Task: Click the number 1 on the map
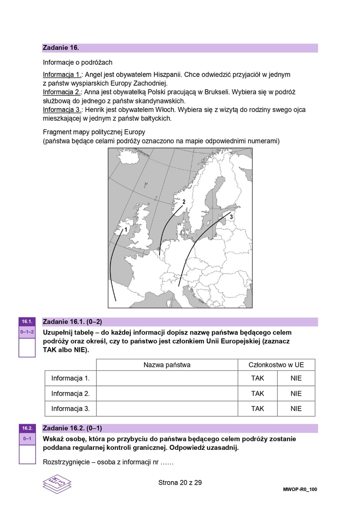(126, 230)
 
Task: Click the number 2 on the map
(183, 201)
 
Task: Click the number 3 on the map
(231, 217)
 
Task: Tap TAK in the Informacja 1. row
(258, 378)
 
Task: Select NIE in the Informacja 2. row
(296, 393)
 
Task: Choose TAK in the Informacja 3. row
(258, 409)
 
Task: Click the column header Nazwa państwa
(167, 365)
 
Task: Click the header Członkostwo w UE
(276, 365)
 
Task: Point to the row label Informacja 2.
(70, 393)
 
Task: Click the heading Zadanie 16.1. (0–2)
(72, 322)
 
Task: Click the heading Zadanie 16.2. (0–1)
(72, 428)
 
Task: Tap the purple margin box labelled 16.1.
(27, 322)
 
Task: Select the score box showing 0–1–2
(27, 332)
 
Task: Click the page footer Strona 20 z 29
(180, 482)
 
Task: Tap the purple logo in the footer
(57, 484)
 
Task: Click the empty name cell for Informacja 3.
(167, 409)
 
